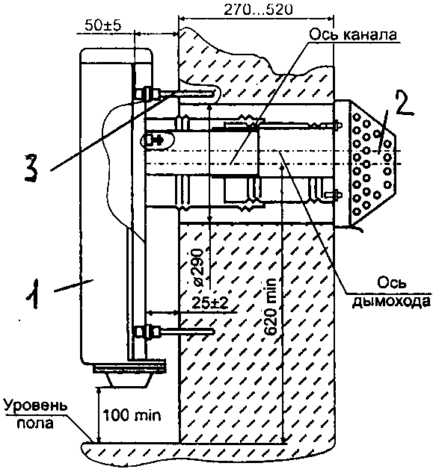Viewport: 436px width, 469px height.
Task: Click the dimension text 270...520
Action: (x=258, y=10)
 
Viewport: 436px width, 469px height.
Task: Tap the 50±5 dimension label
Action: (x=102, y=25)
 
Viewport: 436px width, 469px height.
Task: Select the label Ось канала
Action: (x=353, y=34)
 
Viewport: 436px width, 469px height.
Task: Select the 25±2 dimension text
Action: (x=209, y=304)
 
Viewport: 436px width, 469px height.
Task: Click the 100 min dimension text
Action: (x=132, y=415)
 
